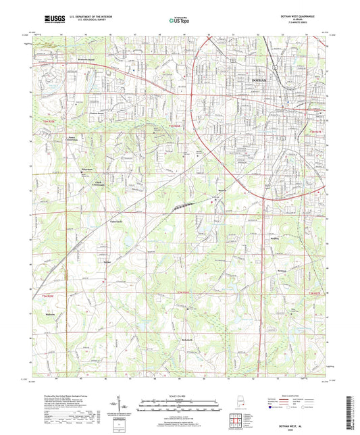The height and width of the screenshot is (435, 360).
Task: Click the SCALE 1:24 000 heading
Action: point(180,395)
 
